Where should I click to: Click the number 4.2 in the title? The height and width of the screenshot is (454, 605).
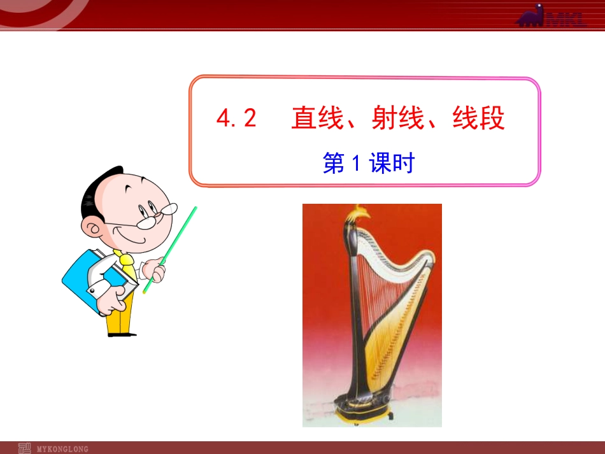click(236, 118)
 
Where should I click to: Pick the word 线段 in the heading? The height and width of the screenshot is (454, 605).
click(479, 118)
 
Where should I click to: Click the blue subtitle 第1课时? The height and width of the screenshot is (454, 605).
click(368, 164)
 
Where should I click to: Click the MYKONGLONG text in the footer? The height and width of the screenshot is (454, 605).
click(63, 449)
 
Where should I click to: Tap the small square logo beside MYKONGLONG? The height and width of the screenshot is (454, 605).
click(25, 448)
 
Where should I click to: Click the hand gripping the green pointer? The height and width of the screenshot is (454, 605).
click(154, 270)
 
